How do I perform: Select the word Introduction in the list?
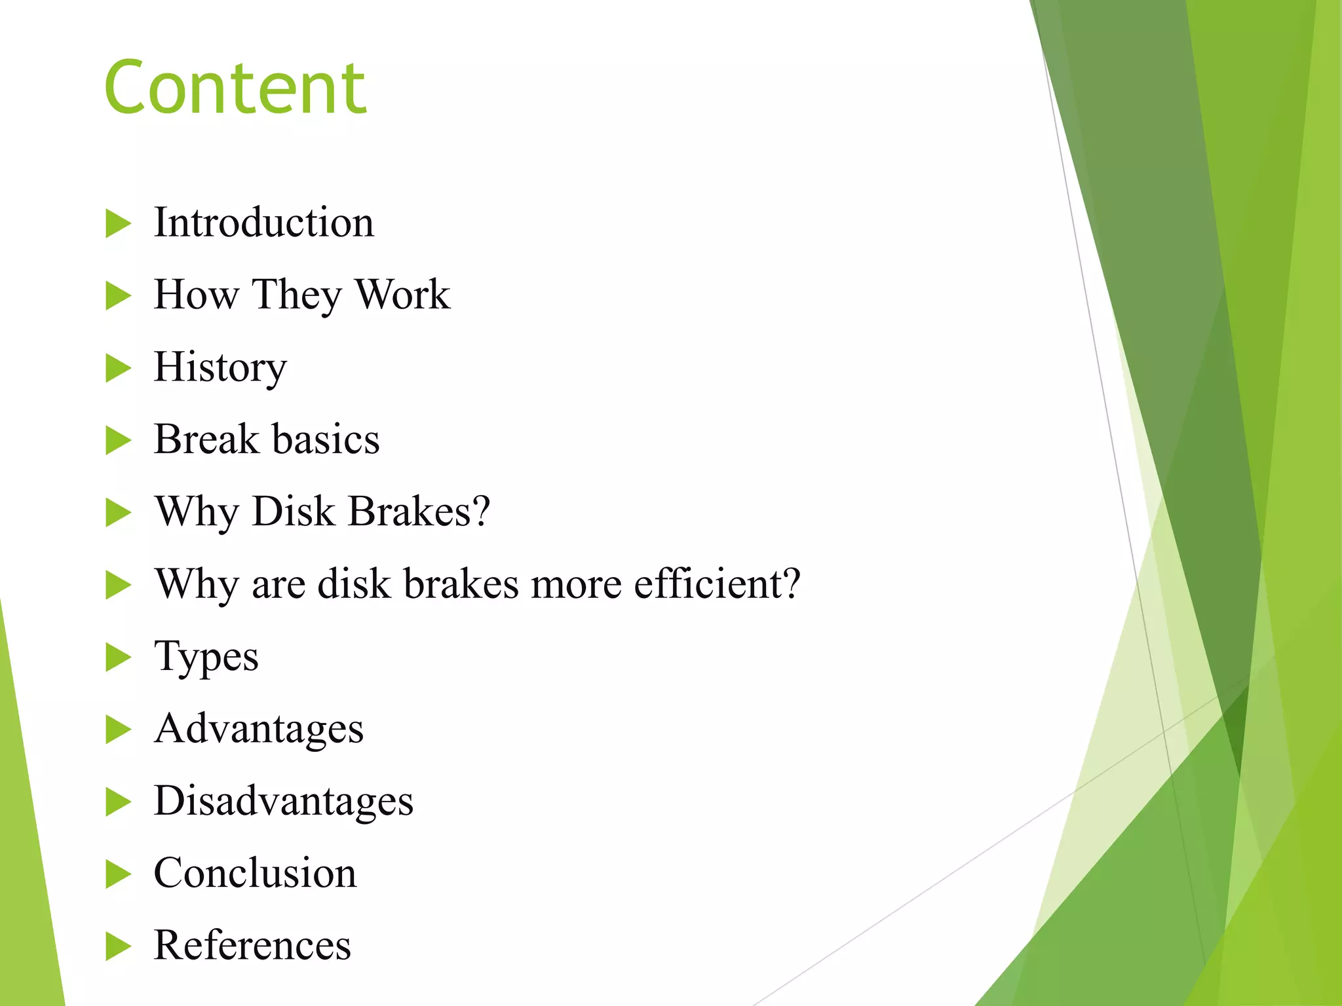click(263, 223)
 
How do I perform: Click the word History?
click(220, 367)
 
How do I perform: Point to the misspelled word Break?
click(206, 439)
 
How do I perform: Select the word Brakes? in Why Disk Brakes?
click(419, 512)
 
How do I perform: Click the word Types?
click(206, 657)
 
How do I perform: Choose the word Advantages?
click(258, 729)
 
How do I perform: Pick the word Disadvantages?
click(283, 801)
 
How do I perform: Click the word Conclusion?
click(255, 873)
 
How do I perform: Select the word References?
click(252, 945)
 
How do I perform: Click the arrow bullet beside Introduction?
click(118, 224)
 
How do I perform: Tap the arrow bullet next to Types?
click(118, 658)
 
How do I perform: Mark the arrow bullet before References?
click(118, 946)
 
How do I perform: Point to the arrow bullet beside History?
click(118, 368)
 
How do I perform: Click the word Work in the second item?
click(402, 295)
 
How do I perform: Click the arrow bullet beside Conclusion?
click(118, 874)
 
